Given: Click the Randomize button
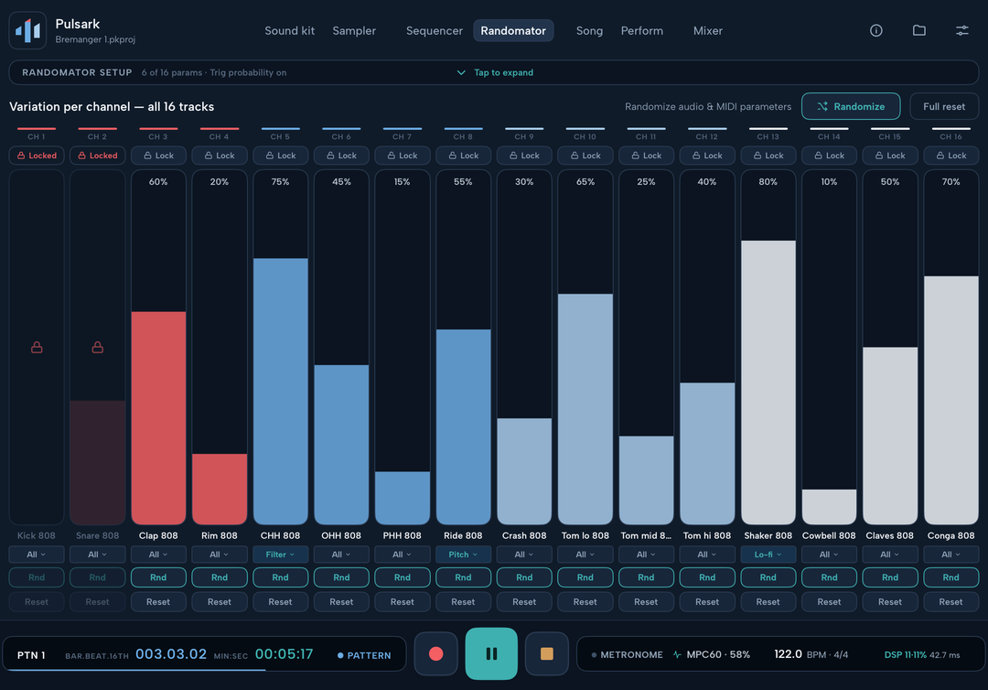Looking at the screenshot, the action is point(851,106).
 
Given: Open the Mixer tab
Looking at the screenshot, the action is point(707,31).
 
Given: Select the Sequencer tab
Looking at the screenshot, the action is point(435,31).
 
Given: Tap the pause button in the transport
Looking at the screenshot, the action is point(491,653).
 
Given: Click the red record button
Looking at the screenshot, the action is point(436,653).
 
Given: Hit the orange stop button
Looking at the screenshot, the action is point(547,653).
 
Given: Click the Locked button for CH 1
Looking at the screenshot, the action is point(37,156).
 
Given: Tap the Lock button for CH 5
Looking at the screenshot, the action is point(281,156).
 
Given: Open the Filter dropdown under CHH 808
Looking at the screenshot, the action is point(281,555).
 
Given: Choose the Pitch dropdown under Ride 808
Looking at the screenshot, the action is point(463,555).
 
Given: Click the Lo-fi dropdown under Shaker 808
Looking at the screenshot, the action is point(768,555).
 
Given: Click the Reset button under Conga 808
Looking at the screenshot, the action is point(950,602).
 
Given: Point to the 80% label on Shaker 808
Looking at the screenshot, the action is point(768,181).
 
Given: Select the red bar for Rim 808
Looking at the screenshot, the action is point(220,489).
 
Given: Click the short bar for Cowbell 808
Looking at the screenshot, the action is point(829,507).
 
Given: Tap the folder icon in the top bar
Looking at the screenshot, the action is point(919,30).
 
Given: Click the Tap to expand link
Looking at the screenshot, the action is point(503,72).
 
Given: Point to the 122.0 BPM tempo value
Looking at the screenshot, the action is point(789,654).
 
